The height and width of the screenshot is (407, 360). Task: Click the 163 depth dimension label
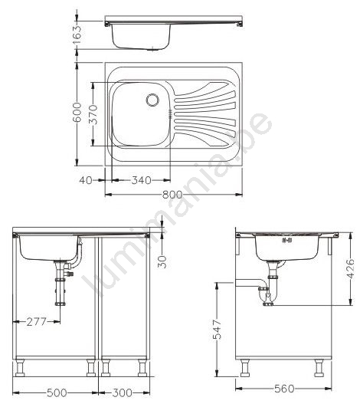(77, 34)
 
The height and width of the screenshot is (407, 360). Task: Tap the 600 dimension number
(77, 112)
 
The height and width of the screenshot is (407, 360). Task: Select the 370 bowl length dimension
(93, 114)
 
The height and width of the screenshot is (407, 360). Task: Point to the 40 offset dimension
(86, 180)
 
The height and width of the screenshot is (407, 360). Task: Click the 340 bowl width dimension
(141, 180)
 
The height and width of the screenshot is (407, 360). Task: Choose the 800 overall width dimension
(172, 194)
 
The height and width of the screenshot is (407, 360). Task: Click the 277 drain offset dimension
(36, 322)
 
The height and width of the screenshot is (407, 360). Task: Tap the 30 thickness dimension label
(162, 261)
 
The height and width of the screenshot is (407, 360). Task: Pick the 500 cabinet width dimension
(57, 392)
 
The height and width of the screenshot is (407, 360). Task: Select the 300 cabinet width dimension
(122, 392)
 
